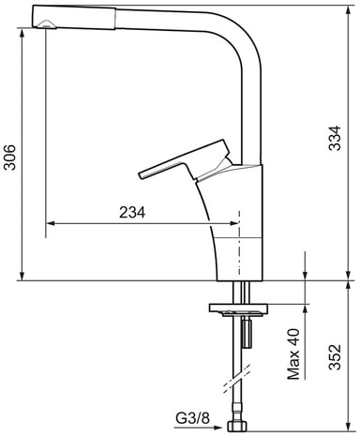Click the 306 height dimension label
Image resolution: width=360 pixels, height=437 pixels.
(9, 158)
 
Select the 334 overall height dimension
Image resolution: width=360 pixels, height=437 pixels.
(335, 139)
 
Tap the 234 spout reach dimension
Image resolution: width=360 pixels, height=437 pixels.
(132, 213)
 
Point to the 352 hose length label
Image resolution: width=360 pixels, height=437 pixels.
(335, 357)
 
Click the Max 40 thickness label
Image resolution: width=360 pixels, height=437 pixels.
(293, 354)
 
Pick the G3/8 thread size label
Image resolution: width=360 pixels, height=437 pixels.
(192, 418)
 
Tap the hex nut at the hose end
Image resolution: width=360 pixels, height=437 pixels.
(237, 426)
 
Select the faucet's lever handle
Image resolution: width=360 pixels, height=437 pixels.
(185, 160)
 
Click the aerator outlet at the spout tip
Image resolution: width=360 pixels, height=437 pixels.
(46, 24)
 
